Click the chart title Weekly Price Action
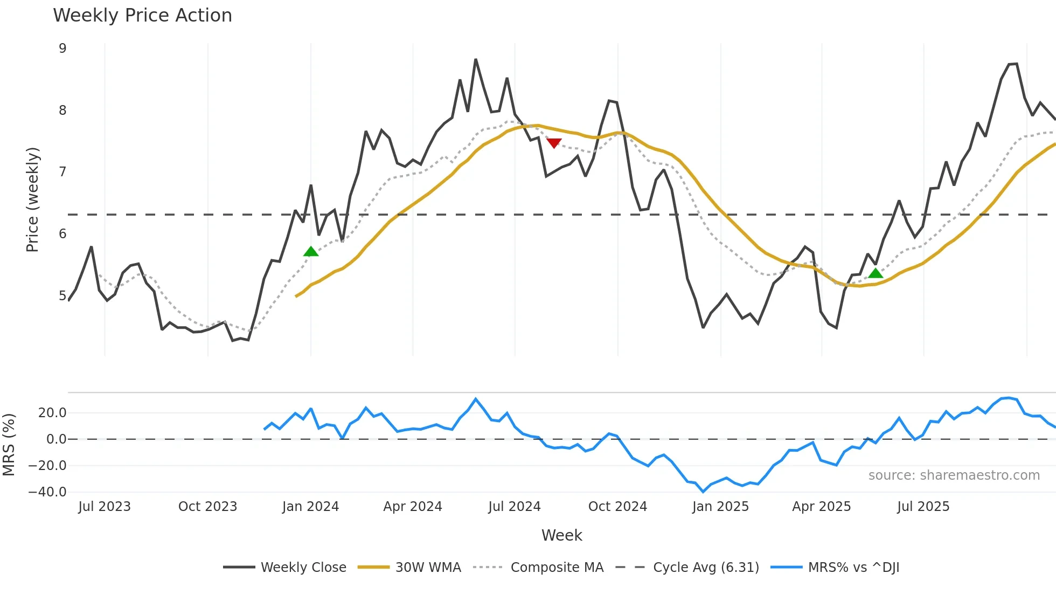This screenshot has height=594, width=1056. [142, 16]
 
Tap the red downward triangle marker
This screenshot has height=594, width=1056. [554, 143]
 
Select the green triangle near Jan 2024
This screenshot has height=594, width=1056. [311, 252]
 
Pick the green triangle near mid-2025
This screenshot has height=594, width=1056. [876, 273]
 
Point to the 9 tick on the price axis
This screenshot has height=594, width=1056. [62, 49]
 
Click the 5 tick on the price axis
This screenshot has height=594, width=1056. [62, 295]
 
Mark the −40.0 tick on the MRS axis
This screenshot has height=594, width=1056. [47, 492]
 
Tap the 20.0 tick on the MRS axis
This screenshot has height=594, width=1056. [52, 413]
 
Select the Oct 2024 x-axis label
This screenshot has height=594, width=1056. [617, 507]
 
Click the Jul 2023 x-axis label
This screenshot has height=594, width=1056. [105, 507]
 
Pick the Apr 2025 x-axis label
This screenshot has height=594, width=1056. [821, 507]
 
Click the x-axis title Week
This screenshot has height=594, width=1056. [561, 535]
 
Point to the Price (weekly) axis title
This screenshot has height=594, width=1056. [32, 199]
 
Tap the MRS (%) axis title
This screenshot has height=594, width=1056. [9, 445]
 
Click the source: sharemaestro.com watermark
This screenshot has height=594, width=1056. [954, 475]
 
